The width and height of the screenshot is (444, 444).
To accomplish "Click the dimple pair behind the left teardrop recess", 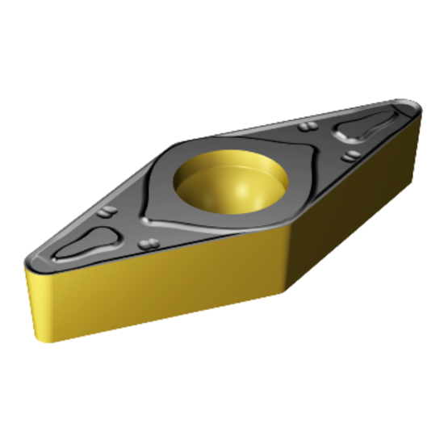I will (x=108, y=214).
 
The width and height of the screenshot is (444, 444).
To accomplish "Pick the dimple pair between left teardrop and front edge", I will (x=147, y=245).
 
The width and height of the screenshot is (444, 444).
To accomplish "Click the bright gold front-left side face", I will (x=161, y=283).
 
